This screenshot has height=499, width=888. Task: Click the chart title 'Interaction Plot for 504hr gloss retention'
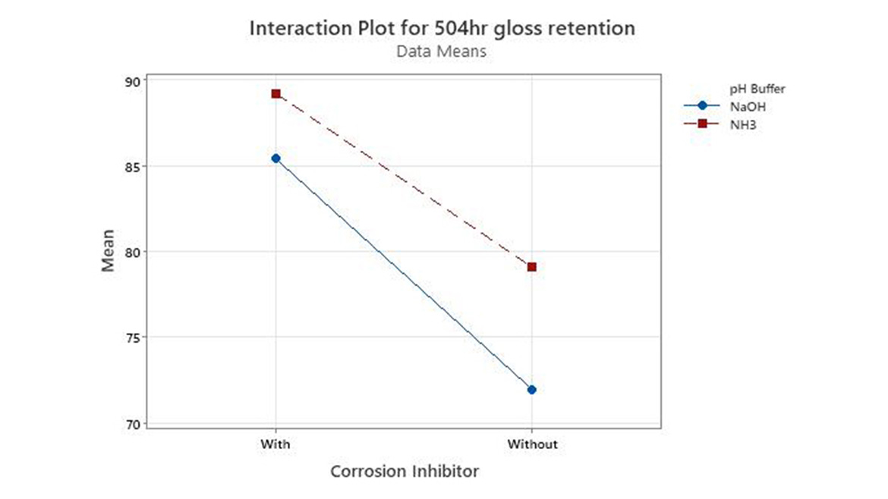tap(442, 29)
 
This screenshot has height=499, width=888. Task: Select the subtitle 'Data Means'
tap(442, 52)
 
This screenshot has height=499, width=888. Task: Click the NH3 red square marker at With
tap(276, 94)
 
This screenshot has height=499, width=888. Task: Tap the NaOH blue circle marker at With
tap(276, 158)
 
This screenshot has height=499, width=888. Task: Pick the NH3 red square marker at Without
tap(531, 267)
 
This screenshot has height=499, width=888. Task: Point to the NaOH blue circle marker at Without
tap(531, 390)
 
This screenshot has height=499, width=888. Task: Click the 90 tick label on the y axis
tap(132, 81)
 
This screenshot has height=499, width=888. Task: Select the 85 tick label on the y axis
tap(132, 166)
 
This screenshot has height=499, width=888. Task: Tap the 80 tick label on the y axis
tap(132, 252)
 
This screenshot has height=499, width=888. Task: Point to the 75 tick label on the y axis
tap(132, 337)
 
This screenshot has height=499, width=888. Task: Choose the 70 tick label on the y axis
tap(132, 423)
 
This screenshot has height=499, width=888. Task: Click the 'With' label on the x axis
tap(275, 444)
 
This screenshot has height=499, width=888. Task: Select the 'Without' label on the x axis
tap(531, 444)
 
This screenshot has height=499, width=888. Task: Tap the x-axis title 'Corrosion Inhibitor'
tap(405, 472)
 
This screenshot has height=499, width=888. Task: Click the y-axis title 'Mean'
tap(109, 250)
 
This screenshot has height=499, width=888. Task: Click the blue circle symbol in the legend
tap(702, 106)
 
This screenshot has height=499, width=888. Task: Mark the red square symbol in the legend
tap(702, 124)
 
